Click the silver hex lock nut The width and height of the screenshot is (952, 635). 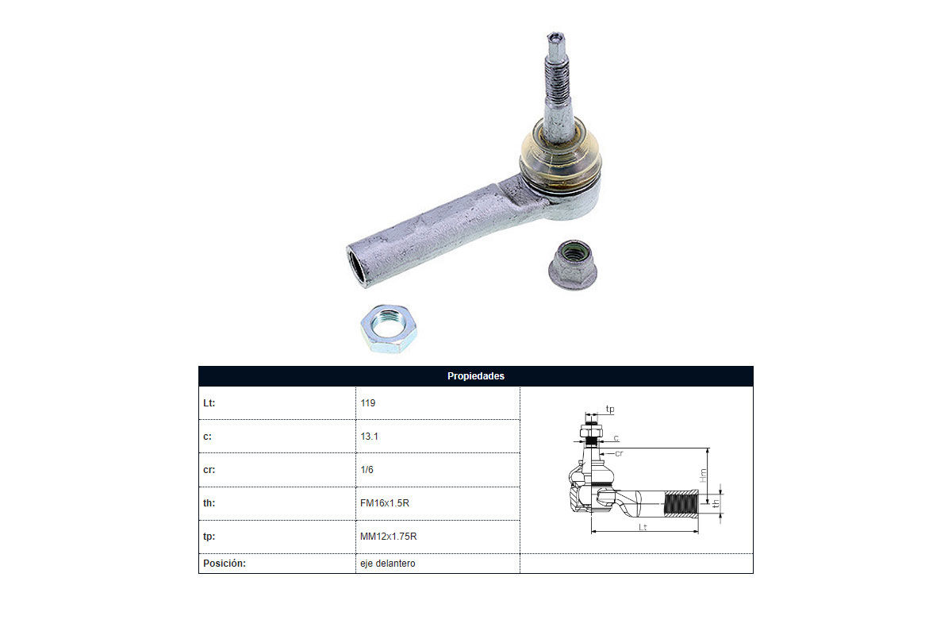click(x=389, y=329)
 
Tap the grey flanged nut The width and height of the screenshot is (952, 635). click(x=573, y=264)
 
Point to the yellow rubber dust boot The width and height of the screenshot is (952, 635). click(x=560, y=157)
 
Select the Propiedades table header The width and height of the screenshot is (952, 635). click(x=475, y=376)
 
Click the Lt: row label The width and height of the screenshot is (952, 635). click(x=209, y=402)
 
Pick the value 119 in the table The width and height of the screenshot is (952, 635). click(x=368, y=402)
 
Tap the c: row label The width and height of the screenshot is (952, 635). click(x=207, y=437)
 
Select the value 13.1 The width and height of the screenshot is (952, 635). click(x=369, y=437)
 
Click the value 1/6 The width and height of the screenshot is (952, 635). click(x=367, y=470)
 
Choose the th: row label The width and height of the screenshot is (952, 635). click(x=209, y=502)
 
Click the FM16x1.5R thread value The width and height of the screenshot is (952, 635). click(x=385, y=503)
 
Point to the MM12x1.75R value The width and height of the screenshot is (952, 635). click(x=389, y=537)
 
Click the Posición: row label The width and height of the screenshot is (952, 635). click(x=225, y=563)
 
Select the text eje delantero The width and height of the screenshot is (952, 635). click(x=388, y=563)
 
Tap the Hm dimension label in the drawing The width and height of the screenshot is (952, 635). click(x=703, y=475)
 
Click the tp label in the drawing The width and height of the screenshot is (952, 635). click(x=610, y=409)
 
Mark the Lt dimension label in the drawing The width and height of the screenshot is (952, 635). click(x=643, y=527)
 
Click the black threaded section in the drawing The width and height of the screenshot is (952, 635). click(x=681, y=503)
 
